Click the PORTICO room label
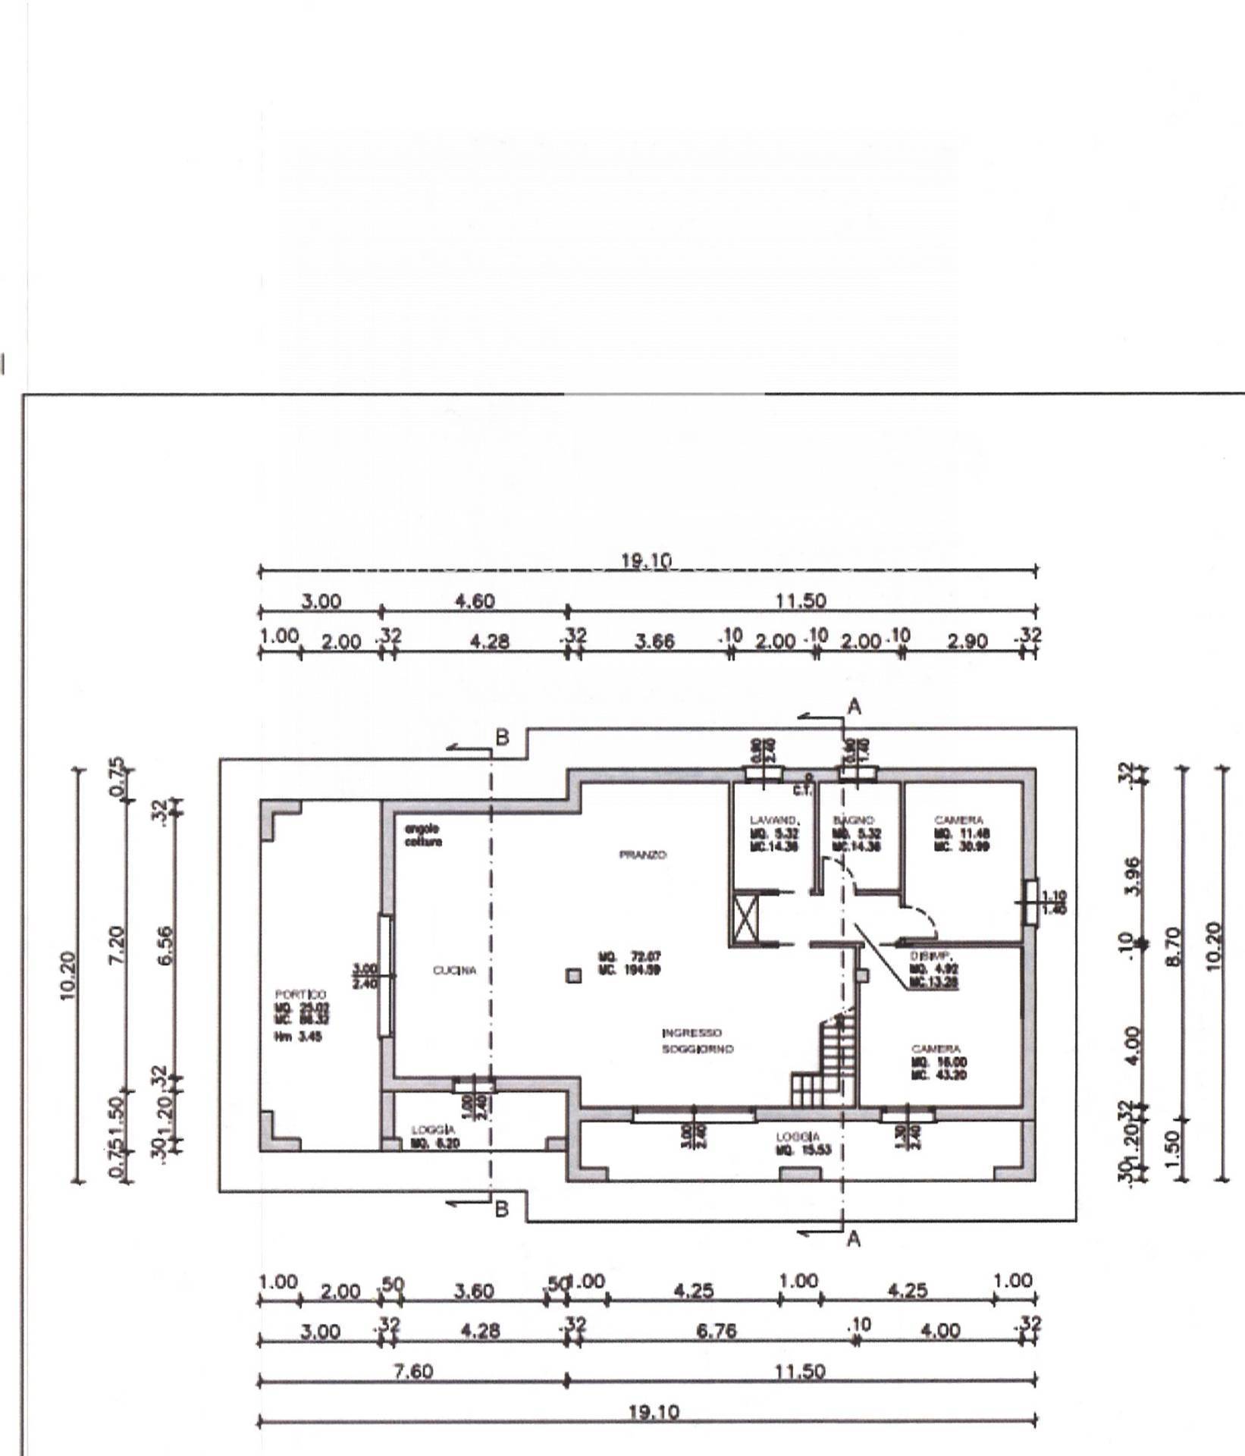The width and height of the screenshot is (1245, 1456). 301,994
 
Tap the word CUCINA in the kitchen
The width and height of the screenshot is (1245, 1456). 455,971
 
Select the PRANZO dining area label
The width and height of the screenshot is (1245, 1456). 643,855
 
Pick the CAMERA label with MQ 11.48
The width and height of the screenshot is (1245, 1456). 959,821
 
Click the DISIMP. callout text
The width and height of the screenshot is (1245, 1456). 926,957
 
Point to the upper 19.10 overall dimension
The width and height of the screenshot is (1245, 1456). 647,561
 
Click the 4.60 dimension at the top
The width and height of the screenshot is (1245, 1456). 475,601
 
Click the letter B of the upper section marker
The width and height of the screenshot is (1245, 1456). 502,736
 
